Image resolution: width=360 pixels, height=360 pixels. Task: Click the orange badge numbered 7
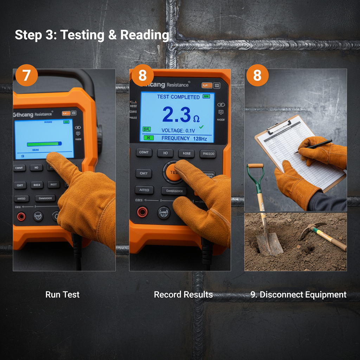(26, 75)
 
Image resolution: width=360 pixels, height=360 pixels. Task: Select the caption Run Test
(63, 295)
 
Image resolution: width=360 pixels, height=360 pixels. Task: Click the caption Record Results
(183, 295)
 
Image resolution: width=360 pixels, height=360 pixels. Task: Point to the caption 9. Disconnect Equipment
(298, 295)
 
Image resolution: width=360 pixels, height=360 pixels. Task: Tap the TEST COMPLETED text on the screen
(178, 97)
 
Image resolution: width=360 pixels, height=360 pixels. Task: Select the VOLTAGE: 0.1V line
(178, 130)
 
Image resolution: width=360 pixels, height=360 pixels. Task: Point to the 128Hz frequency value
(200, 139)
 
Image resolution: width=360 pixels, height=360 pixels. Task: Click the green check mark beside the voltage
(201, 127)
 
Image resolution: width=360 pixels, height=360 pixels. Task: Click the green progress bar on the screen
(44, 144)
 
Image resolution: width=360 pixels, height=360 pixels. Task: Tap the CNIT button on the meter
(144, 173)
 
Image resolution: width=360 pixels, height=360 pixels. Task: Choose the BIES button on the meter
(37, 185)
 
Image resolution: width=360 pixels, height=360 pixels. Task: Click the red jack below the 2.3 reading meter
(142, 212)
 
